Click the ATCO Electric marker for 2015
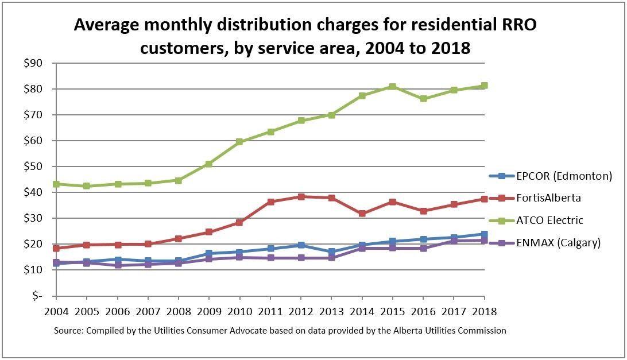[x=392, y=87]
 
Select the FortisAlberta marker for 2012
[x=301, y=196]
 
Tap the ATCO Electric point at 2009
[x=209, y=164]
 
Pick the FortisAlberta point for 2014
[x=362, y=214]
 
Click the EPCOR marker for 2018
[x=484, y=234]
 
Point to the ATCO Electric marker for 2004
[x=56, y=184]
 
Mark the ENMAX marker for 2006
[x=117, y=265]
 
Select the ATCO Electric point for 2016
[x=423, y=99]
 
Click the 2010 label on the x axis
[x=239, y=312]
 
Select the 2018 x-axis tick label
[x=484, y=312]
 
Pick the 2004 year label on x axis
[x=56, y=312]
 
